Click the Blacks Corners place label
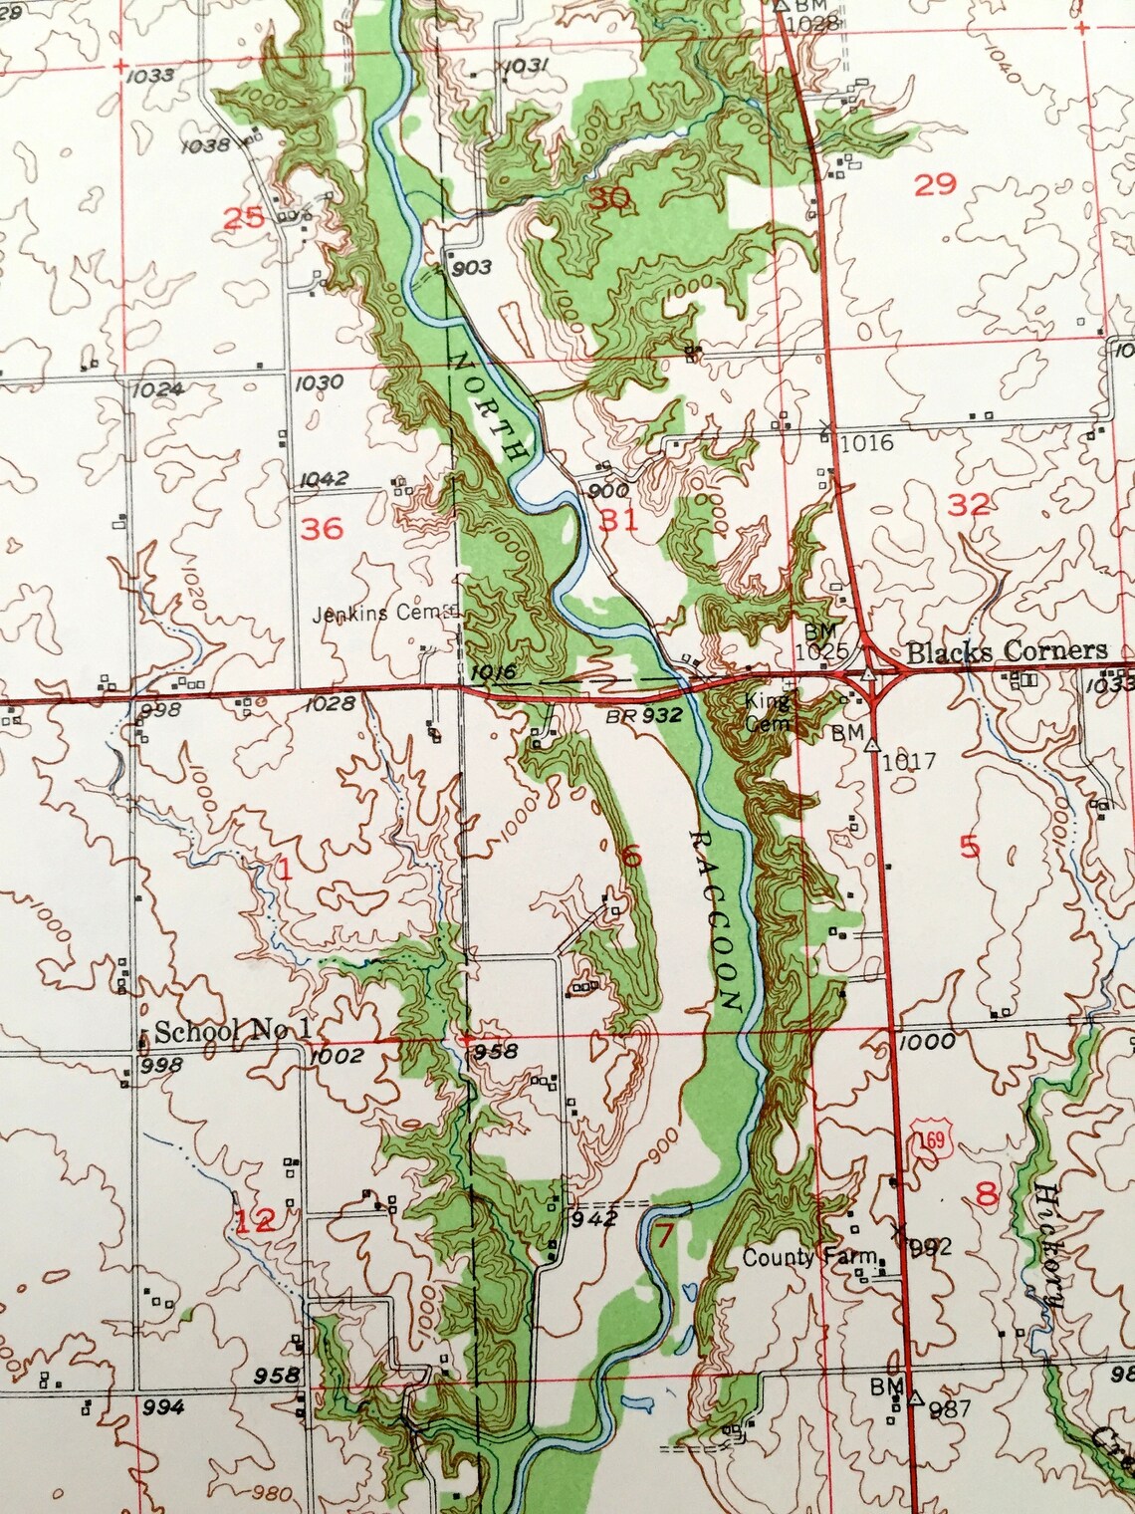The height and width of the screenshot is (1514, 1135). coord(1007,651)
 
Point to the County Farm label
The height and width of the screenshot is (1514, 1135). coord(808,1257)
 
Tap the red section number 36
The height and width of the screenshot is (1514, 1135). coord(322,528)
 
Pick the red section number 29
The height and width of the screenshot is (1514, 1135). coord(935,184)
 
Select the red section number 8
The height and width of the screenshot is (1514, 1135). coord(987,1194)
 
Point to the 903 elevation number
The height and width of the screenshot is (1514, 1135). coord(471,267)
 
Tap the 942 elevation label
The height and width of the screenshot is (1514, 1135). coord(594,1217)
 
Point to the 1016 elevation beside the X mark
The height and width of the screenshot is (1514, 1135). coord(866,442)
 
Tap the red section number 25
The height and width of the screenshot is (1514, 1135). coord(244,217)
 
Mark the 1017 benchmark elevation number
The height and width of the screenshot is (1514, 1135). coord(908,761)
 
